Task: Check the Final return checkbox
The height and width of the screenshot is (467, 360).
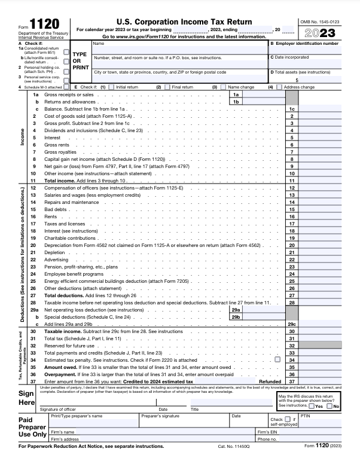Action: (167, 87)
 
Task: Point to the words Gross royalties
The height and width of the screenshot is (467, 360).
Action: (60, 152)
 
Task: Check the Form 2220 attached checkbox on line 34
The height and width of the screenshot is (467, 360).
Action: (277, 360)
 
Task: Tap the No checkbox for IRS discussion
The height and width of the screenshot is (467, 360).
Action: (329, 406)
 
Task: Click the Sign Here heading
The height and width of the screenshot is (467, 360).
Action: (26, 398)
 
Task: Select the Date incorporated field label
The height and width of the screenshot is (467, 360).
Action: (294, 57)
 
